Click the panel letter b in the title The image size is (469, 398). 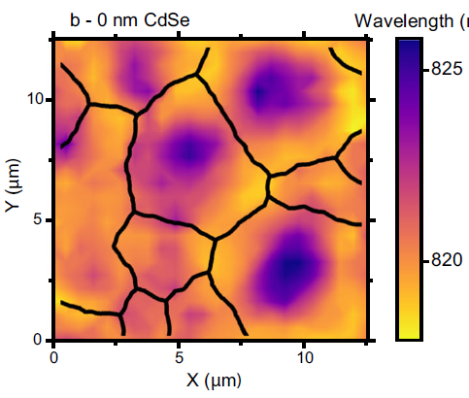(x=75, y=18)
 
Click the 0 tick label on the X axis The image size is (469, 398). (x=53, y=357)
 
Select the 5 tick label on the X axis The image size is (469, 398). (x=179, y=357)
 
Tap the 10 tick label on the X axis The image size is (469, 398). (x=304, y=357)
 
